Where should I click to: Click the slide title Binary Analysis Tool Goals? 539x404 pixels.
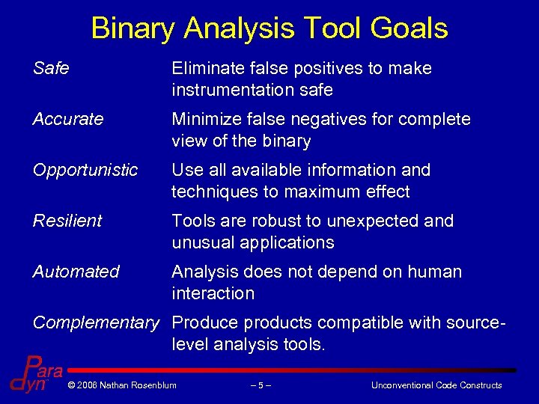[x=269, y=28]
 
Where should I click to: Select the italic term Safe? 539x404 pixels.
[x=51, y=69]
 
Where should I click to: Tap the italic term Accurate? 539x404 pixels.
[x=68, y=120]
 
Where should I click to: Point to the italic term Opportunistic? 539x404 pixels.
[x=85, y=171]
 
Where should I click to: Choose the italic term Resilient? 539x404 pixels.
[x=67, y=221]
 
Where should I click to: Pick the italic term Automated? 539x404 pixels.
[x=76, y=272]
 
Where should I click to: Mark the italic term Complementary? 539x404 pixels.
[x=96, y=323]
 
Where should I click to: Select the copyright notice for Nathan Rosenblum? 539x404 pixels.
[x=121, y=385]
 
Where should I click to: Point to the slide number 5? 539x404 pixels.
[x=261, y=385]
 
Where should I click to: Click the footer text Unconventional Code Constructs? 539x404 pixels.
[x=436, y=385]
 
